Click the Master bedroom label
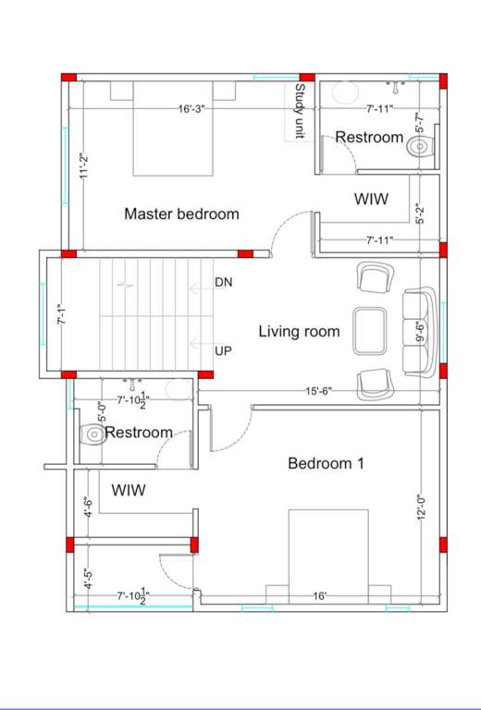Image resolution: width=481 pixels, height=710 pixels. [181, 214]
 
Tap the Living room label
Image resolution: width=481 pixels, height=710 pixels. [299, 332]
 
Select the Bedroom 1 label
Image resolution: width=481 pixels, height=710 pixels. [326, 463]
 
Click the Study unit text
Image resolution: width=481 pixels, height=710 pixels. [300, 111]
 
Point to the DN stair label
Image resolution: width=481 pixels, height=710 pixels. [223, 282]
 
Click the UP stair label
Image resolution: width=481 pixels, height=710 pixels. [223, 351]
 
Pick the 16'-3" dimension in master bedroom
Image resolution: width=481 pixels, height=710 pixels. [191, 108]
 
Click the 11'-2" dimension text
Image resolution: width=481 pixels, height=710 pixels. [82, 165]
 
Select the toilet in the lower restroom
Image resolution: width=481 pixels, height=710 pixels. [92, 433]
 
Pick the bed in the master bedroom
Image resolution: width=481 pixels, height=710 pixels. [174, 129]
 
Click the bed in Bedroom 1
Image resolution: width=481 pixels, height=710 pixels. [319, 555]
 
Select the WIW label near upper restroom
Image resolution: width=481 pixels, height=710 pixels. [371, 199]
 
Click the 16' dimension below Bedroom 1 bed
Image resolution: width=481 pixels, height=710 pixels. [319, 597]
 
